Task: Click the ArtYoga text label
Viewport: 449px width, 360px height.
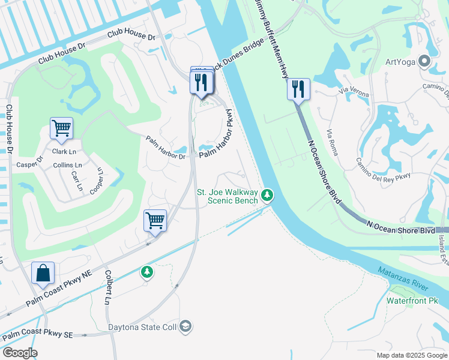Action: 400,61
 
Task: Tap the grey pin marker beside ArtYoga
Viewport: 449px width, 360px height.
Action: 425,61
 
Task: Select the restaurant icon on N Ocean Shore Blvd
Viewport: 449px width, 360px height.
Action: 298,89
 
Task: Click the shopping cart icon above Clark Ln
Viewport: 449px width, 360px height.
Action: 61,128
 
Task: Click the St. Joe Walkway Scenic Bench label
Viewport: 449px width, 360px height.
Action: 228,196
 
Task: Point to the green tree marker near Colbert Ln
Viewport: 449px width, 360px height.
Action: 146,273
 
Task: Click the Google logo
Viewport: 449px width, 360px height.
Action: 20,353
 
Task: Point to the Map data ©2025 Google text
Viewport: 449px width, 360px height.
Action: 411,355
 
